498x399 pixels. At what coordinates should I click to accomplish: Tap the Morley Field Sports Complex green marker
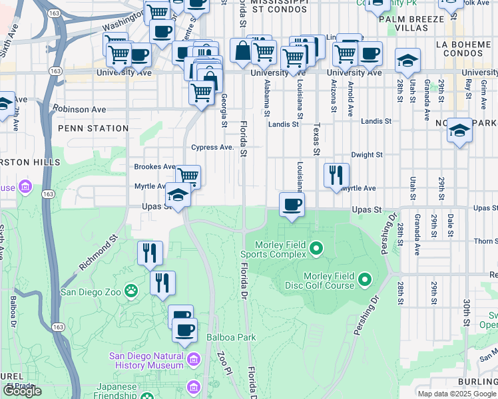pos(316,249)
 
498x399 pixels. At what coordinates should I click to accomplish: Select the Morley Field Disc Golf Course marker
pos(364,279)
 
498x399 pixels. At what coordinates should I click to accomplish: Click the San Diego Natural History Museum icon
pos(193,360)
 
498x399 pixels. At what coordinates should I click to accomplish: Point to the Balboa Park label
pos(231,337)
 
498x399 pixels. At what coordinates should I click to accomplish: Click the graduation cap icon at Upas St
pos(178,196)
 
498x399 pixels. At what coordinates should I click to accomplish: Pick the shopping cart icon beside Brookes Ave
pos(188,177)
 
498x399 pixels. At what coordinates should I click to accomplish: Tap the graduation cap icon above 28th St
pos(407,61)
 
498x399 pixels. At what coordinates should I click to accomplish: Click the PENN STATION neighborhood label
pos(93,128)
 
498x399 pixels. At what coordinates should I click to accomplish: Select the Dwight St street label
pos(367,154)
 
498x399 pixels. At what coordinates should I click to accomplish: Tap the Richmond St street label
pos(99,251)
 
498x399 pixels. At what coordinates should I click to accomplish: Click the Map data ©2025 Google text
pos(456,393)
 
